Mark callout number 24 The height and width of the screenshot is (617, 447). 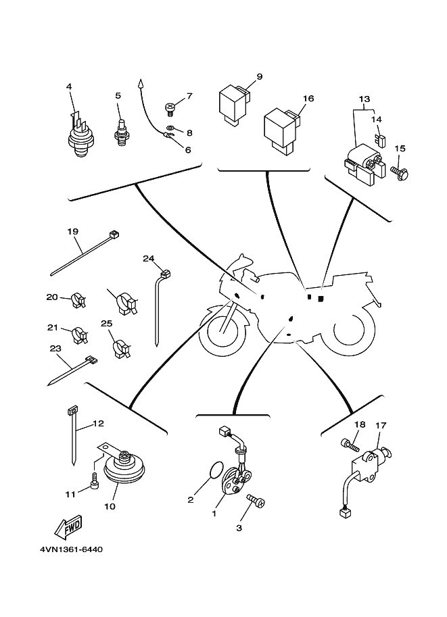pos(149,258)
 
